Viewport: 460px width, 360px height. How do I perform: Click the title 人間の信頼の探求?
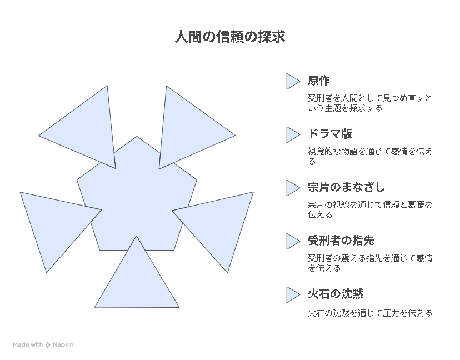coord(230,37)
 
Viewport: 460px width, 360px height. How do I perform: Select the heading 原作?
coord(318,81)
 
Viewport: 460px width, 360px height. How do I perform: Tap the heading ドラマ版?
coord(330,134)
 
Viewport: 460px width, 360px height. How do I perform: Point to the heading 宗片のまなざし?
coord(346,187)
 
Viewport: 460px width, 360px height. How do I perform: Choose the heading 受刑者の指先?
coord(341,241)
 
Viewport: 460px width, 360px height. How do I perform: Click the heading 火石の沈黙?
coord(336,294)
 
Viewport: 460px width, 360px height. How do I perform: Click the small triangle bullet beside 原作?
coord(293,81)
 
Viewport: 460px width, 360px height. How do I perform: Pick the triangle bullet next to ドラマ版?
coord(293,134)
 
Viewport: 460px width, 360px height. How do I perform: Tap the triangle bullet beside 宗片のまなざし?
coord(293,188)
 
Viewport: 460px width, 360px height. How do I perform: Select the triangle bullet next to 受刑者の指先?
coord(293,241)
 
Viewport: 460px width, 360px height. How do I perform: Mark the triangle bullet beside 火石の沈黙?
coord(293,294)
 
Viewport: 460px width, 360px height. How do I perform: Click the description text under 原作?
coord(370,103)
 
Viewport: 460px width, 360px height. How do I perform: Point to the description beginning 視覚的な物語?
coord(370,156)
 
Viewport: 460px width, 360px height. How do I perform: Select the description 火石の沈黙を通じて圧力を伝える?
coord(370,313)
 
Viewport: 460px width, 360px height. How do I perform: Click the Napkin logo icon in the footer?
coord(48,345)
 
